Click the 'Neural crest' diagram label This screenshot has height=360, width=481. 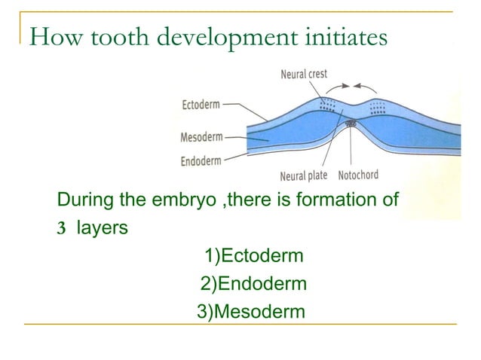[x=305, y=75]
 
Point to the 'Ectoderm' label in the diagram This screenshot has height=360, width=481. [x=201, y=105]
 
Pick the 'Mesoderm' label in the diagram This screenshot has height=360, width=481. [x=201, y=138]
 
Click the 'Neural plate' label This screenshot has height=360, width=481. [x=303, y=176]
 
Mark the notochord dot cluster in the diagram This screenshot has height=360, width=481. [x=349, y=123]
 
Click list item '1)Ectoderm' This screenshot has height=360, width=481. [x=254, y=257]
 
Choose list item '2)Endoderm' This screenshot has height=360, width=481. [x=253, y=284]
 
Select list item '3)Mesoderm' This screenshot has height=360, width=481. [x=251, y=311]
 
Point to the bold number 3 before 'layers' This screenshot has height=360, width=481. [x=63, y=228]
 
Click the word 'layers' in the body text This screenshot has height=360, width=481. [x=101, y=228]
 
